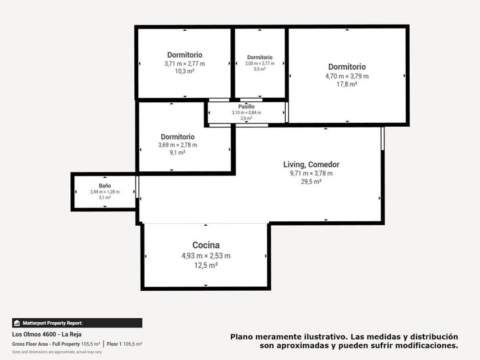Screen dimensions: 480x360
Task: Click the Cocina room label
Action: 206,245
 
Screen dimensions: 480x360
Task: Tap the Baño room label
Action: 105,186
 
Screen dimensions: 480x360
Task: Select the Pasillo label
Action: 246,106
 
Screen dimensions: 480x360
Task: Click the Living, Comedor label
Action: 311,165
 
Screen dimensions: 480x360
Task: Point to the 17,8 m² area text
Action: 347,84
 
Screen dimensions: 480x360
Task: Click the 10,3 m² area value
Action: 185,71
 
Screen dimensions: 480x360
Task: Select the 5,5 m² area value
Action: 259,69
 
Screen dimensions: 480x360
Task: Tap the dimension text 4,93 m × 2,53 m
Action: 206,255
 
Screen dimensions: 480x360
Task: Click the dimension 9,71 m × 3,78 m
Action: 311,173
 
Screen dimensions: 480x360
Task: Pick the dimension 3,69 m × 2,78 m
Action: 178,145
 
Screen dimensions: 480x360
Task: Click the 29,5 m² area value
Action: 311,182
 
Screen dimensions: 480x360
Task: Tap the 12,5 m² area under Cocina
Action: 206,265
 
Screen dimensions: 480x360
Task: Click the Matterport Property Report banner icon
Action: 17,323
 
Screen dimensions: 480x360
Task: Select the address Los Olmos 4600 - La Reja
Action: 47,334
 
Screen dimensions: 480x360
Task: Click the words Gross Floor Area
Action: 30,344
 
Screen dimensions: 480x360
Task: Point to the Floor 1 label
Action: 114,344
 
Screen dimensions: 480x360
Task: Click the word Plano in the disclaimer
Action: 242,337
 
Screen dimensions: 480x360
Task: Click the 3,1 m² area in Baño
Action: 105,198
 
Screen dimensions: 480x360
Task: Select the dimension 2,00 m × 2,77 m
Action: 259,63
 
